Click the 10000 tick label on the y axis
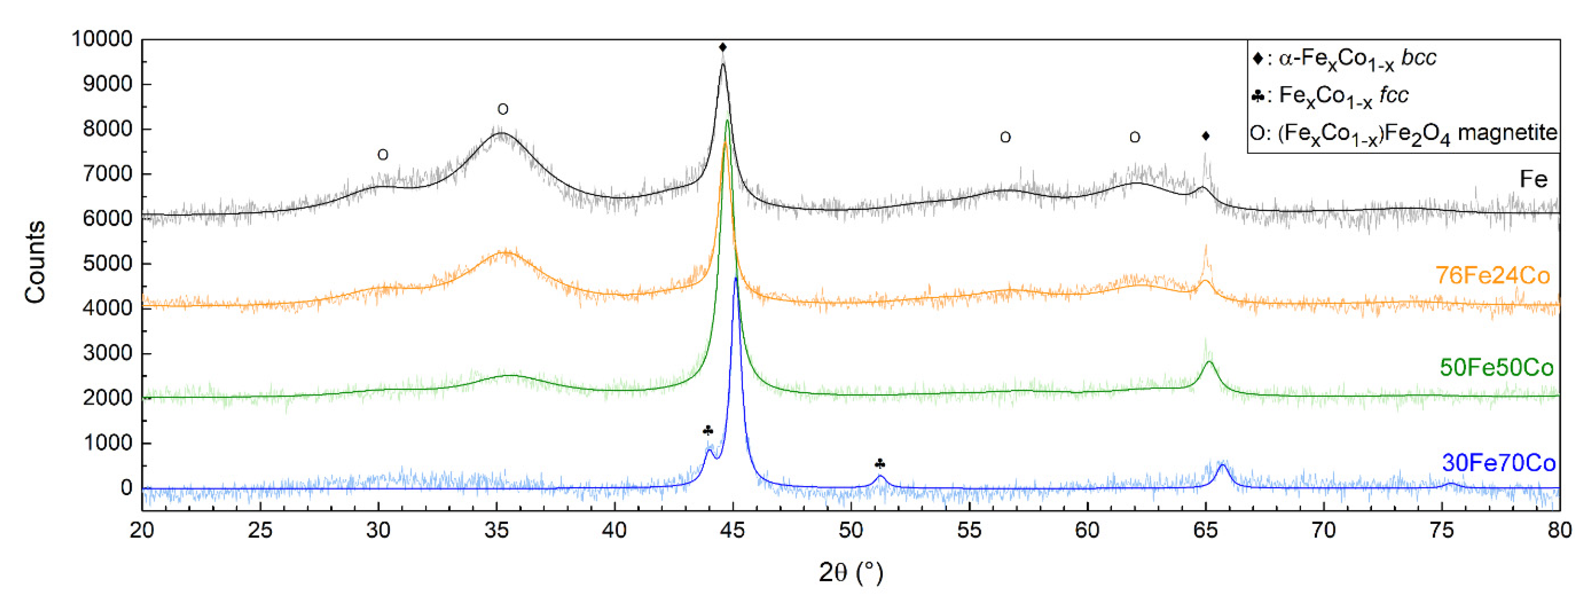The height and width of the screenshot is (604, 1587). [x=102, y=39]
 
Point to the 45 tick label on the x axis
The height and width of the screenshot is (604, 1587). [x=732, y=529]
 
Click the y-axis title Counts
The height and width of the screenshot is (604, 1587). [x=35, y=262]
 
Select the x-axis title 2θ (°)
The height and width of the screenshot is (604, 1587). [x=851, y=573]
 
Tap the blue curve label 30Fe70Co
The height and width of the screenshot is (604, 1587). [x=1498, y=463]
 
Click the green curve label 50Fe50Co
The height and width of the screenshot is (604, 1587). [x=1496, y=367]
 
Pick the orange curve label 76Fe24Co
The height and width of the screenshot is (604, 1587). [x=1492, y=275]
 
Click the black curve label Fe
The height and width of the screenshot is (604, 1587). [x=1533, y=179]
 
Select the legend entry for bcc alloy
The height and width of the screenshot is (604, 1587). [x=1344, y=58]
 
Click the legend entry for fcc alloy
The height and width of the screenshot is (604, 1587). [x=1331, y=95]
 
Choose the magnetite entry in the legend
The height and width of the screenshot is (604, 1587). [x=1403, y=133]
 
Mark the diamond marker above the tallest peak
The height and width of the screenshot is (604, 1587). [x=723, y=47]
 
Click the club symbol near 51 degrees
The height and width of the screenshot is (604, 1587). [x=880, y=464]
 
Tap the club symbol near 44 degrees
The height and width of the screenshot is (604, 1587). [x=708, y=430]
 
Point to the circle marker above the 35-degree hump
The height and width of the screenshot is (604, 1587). [x=503, y=110]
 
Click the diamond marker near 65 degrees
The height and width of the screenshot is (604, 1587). [x=1206, y=136]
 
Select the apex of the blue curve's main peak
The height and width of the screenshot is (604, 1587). [x=735, y=279]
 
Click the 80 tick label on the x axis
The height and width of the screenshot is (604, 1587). [x=1559, y=529]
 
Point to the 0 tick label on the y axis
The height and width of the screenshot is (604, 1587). [x=126, y=487]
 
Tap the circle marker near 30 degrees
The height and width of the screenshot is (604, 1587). [x=383, y=155]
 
